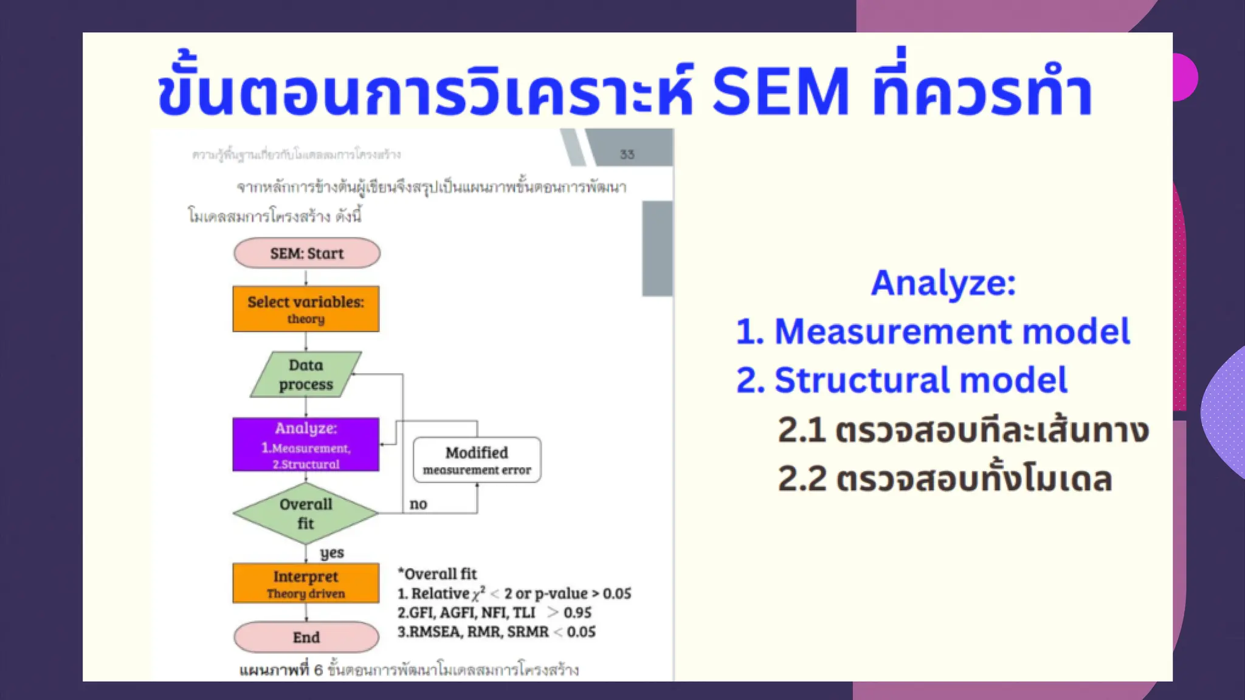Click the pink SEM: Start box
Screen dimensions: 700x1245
click(x=306, y=253)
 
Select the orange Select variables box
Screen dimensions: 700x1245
click(x=306, y=309)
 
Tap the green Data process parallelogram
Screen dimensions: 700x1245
click(x=306, y=374)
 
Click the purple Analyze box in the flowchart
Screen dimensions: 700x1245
click(x=306, y=445)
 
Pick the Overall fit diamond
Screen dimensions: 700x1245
click(x=306, y=513)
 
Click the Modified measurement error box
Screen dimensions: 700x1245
click(x=477, y=460)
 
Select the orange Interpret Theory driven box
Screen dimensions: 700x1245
click(x=306, y=583)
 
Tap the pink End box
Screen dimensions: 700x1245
click(x=306, y=637)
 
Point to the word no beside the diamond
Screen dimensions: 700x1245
click(x=418, y=504)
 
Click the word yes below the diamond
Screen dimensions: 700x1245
click(x=332, y=552)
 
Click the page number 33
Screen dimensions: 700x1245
click(x=627, y=154)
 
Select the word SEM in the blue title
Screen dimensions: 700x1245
click(x=780, y=92)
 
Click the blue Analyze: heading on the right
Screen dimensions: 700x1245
click(x=943, y=283)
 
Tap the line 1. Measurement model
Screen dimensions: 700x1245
click(x=933, y=332)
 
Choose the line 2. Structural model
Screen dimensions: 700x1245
click(x=901, y=380)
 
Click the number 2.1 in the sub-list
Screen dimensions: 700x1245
click(x=801, y=430)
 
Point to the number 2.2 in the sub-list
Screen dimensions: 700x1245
click(x=802, y=479)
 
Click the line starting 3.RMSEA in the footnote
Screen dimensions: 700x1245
click(x=496, y=632)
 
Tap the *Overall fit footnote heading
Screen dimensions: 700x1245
click(x=437, y=574)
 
